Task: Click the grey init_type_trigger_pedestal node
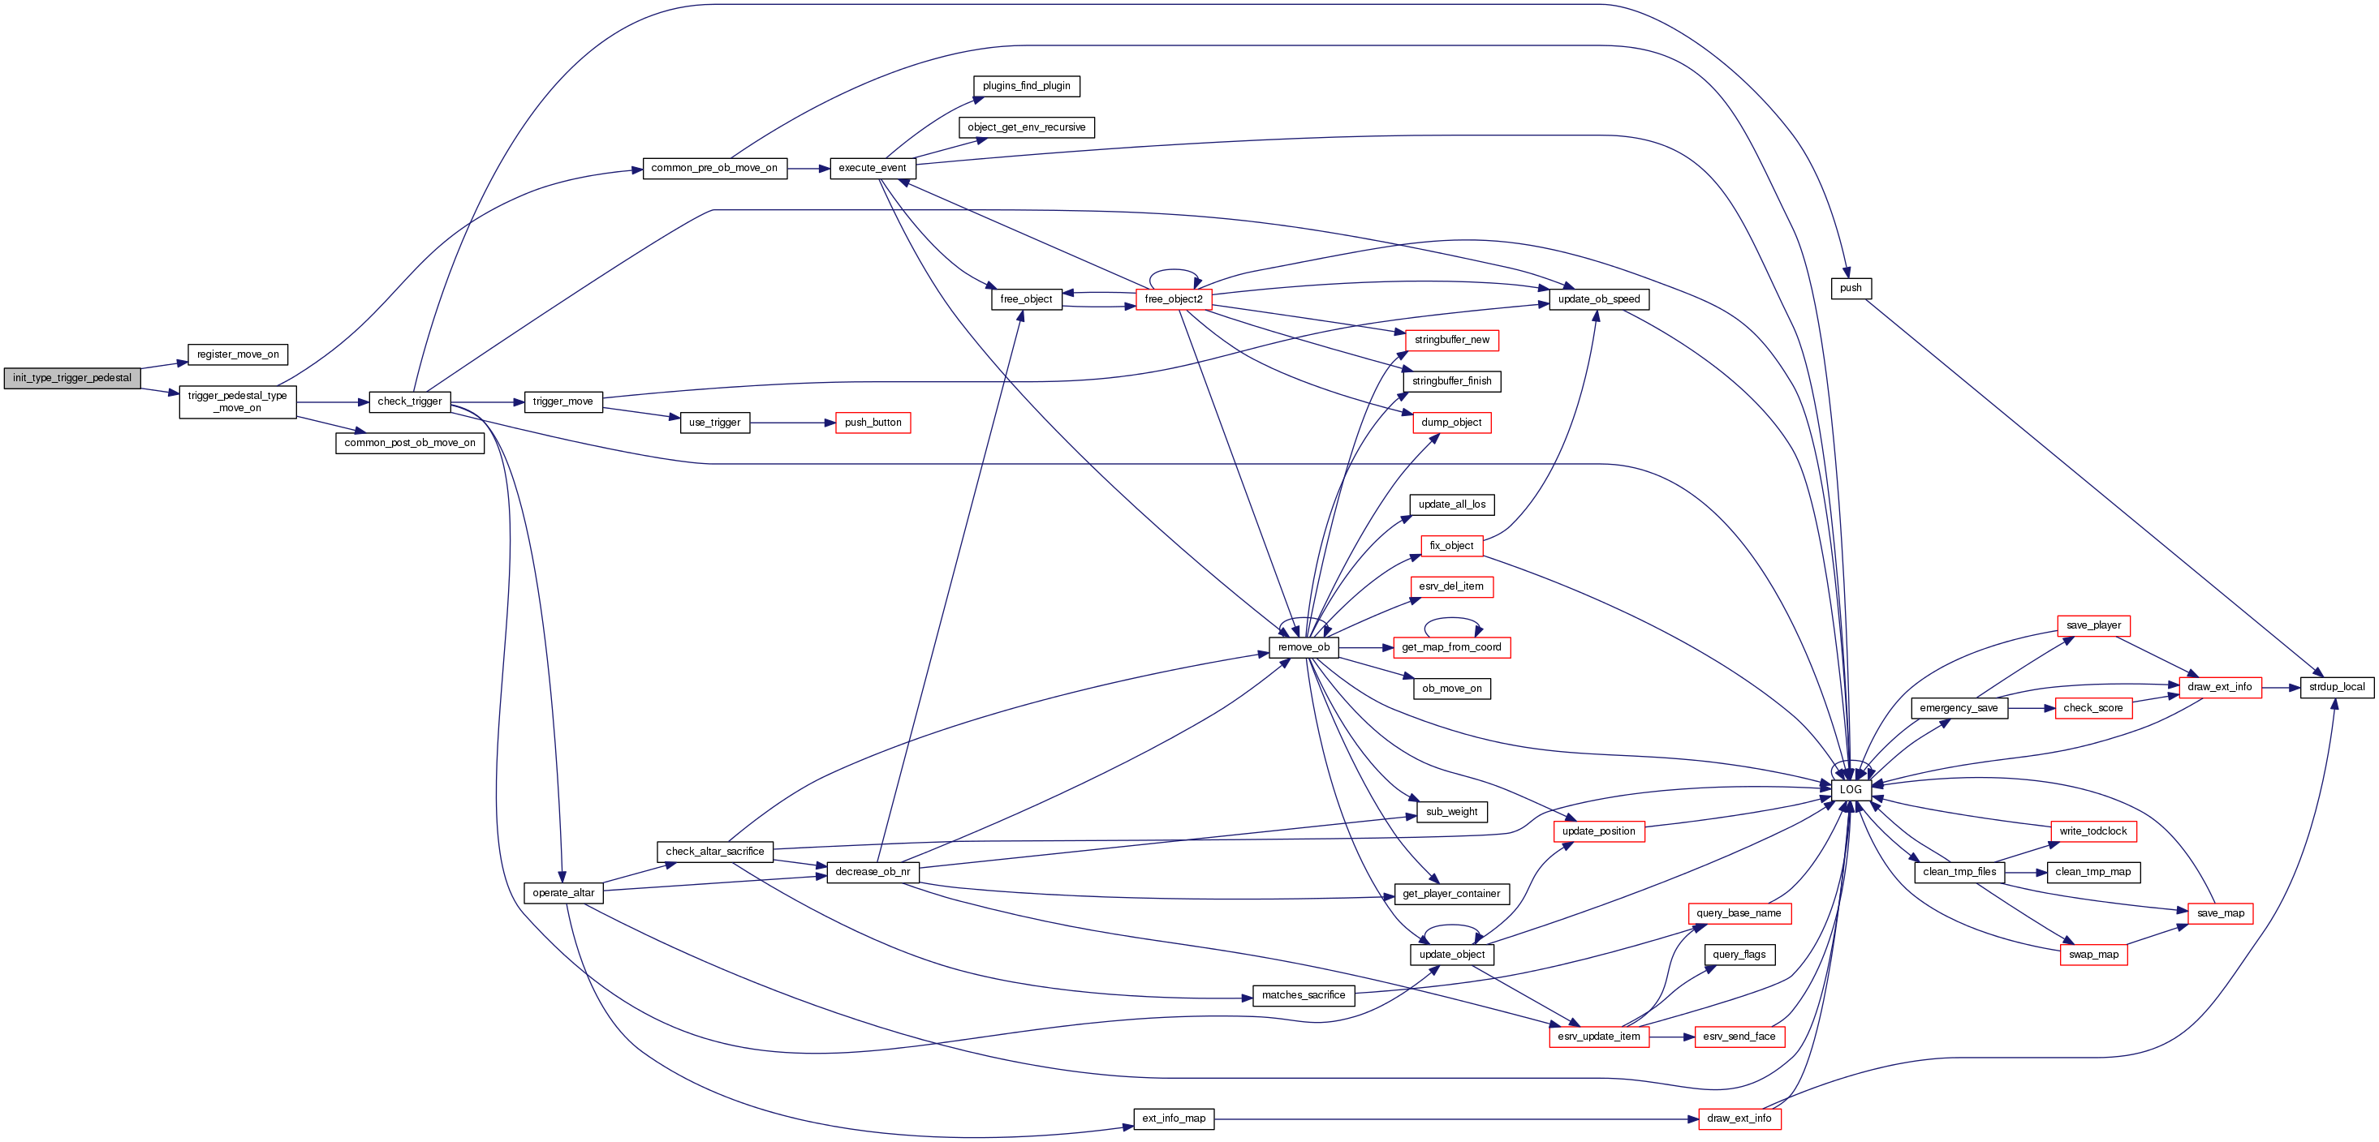click(x=72, y=379)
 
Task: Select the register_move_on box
click(x=237, y=354)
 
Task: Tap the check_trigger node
click(x=409, y=401)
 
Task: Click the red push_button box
click(x=873, y=423)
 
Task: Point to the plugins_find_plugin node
click(x=1026, y=86)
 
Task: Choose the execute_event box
click(x=872, y=168)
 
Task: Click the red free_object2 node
click(x=1173, y=299)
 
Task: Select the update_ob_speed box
click(x=1599, y=299)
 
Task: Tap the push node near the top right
click(x=1851, y=288)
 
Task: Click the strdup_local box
click(x=2337, y=687)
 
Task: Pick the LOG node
click(x=1851, y=790)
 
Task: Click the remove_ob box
click(x=1303, y=647)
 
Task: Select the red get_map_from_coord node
click(x=1451, y=647)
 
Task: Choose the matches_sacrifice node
click(x=1303, y=995)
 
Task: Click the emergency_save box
click(x=1958, y=708)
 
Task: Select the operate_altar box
click(x=563, y=893)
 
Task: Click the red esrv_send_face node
click(x=1739, y=1037)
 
